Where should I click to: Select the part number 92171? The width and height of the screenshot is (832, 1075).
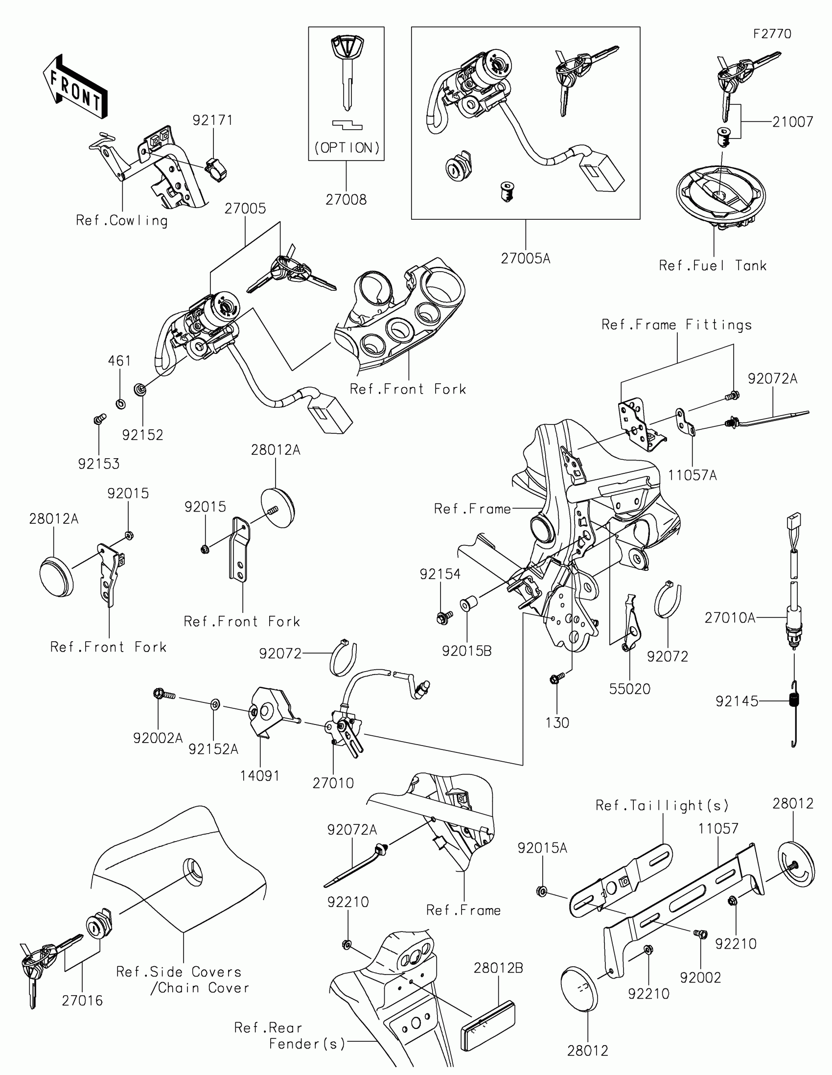(212, 120)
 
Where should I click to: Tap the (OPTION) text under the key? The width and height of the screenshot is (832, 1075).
(347, 148)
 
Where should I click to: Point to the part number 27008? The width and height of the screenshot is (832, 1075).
(346, 199)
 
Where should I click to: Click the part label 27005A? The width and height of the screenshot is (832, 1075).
(526, 258)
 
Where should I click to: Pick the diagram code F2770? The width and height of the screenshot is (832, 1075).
(772, 34)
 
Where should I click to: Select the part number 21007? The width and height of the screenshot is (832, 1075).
(792, 121)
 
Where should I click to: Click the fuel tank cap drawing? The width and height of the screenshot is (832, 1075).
(720, 197)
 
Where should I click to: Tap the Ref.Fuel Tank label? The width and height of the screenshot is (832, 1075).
(713, 266)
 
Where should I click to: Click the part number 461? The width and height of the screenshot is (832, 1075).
(119, 361)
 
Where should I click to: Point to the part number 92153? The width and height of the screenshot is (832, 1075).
(99, 464)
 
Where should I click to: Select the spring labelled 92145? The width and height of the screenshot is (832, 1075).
(794, 701)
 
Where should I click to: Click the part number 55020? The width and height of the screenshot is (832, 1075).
(630, 689)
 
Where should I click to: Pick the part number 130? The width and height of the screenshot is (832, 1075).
(557, 723)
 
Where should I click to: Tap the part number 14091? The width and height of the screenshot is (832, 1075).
(260, 776)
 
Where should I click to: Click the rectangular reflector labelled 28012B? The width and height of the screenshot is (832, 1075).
(487, 1018)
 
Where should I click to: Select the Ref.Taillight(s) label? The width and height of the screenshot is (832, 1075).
(662, 805)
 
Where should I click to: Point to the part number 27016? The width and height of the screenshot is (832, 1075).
(82, 1000)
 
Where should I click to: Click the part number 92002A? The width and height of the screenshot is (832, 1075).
(158, 738)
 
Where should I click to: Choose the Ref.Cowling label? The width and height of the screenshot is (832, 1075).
(121, 220)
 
